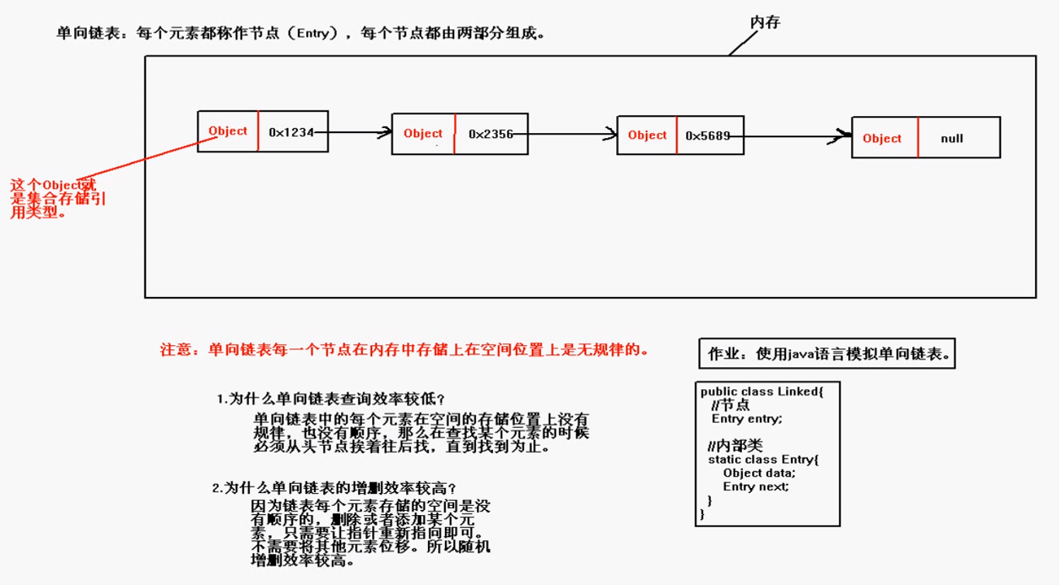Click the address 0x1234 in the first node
pos(291,132)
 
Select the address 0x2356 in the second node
pos(490,134)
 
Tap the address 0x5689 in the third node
pos(707,136)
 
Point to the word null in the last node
pos(951,139)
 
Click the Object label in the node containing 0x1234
pos(228,131)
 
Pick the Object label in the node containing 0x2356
pos(423,133)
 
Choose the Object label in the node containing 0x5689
pos(647,135)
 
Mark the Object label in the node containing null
pos(881,139)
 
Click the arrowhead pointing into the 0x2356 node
pos(386,132)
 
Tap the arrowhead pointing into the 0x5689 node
pos(610,134)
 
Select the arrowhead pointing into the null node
pos(843,136)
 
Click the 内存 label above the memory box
pos(765,23)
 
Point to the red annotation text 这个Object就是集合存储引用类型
pos(57,198)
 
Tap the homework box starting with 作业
pos(827,354)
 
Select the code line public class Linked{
pos(762,391)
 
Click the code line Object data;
pos(759,473)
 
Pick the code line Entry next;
pos(756,486)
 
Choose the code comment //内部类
pos(736,446)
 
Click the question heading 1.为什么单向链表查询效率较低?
pos(330,399)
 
